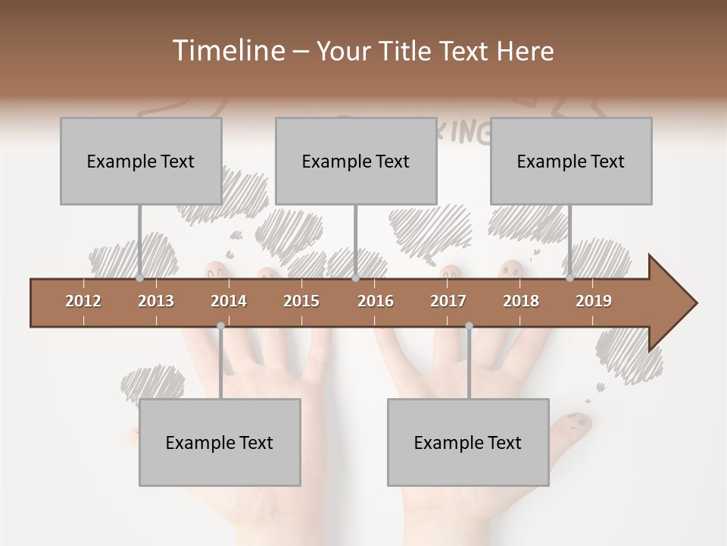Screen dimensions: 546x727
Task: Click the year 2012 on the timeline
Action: [83, 301]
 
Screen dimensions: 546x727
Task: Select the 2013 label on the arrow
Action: [156, 301]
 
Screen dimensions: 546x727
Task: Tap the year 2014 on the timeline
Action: [229, 301]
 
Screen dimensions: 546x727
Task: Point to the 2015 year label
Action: [301, 301]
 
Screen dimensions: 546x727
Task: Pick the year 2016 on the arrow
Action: [376, 301]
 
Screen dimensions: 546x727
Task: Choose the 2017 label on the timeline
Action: [448, 301]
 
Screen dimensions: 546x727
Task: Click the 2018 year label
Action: [521, 301]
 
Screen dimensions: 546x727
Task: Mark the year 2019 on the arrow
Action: [594, 301]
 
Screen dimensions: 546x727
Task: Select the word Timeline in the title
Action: [226, 51]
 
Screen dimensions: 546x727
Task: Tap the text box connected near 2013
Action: [141, 162]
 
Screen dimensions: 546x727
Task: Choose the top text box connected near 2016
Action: [356, 162]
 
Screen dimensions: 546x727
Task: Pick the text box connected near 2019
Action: [571, 162]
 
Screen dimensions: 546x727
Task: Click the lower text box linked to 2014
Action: [220, 443]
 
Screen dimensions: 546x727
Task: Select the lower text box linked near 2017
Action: [468, 443]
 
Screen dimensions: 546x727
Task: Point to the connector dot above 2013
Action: [140, 278]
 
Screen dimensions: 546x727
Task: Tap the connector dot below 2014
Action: [220, 326]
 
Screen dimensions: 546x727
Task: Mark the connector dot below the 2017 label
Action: [469, 326]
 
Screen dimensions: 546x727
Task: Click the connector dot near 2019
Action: [569, 278]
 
